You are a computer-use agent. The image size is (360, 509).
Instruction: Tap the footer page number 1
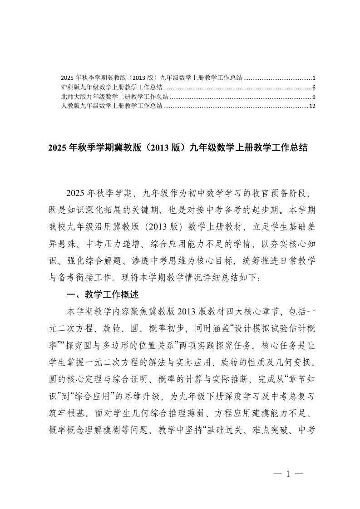tap(288, 474)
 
